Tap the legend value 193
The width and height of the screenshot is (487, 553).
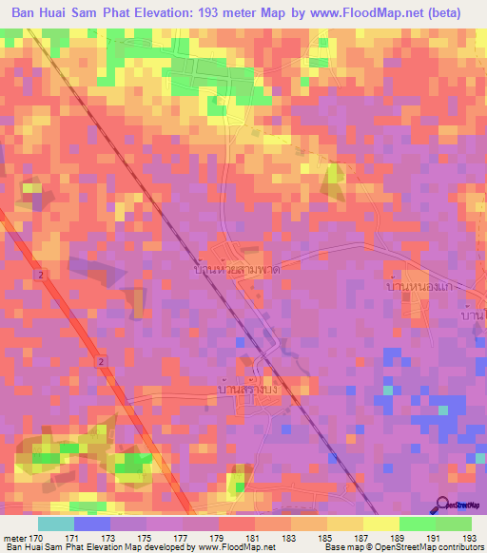coord(469,538)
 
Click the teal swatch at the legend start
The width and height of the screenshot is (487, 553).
coord(55,524)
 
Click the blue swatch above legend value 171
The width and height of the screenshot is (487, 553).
coord(91,524)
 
